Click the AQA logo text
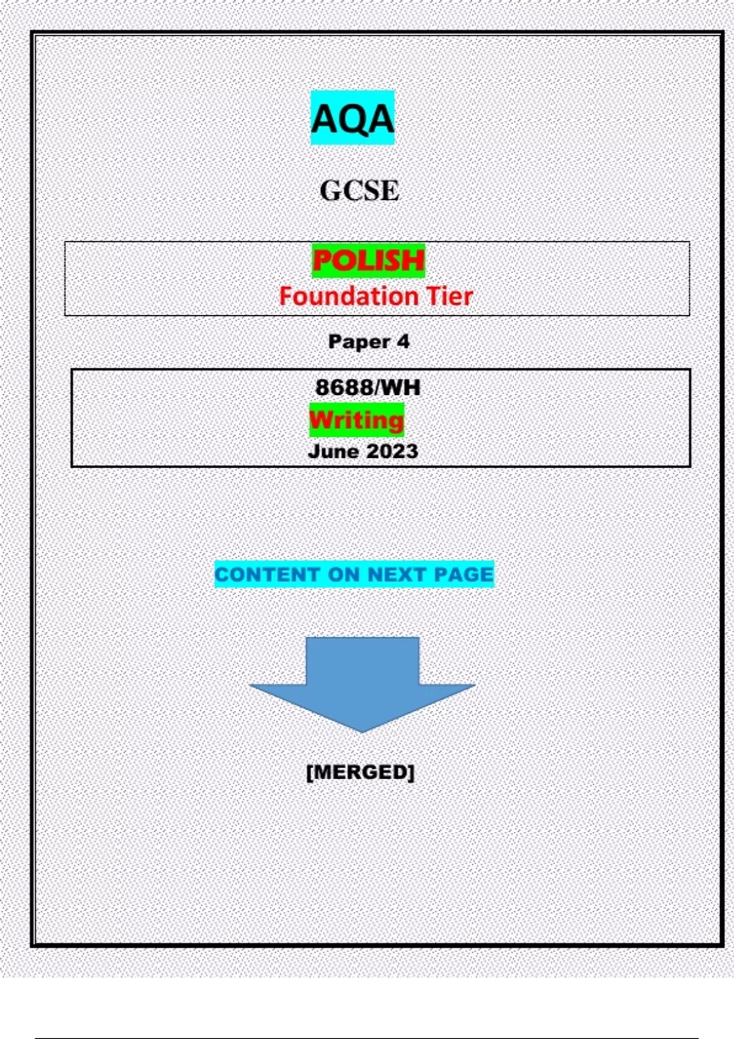click(352, 119)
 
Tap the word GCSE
click(360, 191)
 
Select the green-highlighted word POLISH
click(368, 261)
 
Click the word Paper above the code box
click(358, 342)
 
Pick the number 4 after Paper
click(402, 341)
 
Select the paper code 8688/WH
click(368, 387)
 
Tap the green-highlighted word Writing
click(357, 420)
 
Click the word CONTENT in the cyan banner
click(267, 575)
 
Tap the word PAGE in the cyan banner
click(463, 575)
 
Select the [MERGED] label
click(360, 772)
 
